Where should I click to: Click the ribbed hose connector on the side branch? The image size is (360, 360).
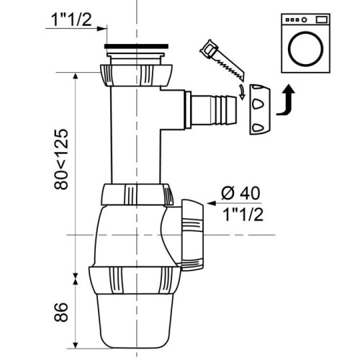pos(216,107)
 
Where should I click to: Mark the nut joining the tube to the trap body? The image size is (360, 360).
pos(137,195)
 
